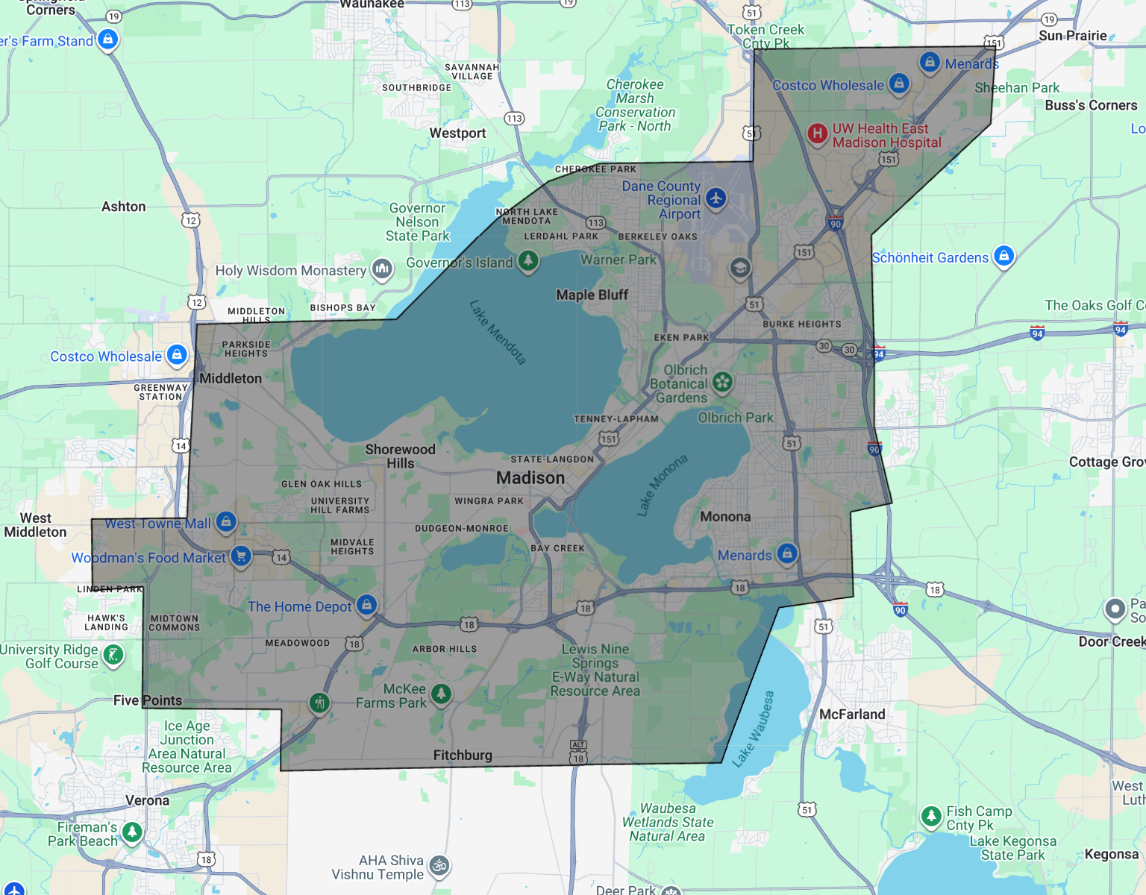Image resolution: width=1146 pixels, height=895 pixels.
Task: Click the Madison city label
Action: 530,477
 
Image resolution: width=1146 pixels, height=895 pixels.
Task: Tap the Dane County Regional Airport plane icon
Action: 716,199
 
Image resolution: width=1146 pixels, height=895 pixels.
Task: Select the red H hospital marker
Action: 818,134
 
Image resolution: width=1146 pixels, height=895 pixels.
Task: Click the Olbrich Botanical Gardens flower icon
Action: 721,383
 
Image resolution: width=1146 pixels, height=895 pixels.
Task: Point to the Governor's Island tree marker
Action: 528,261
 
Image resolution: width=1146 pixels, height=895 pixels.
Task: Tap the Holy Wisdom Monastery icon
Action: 382,268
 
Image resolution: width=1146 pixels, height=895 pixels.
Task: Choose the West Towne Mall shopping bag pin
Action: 226,522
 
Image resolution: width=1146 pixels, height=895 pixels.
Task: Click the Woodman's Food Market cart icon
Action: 240,556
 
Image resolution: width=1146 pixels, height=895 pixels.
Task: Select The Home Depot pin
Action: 366,605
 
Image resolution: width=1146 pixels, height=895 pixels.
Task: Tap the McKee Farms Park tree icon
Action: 441,694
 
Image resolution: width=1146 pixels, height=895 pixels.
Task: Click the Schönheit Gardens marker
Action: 1004,256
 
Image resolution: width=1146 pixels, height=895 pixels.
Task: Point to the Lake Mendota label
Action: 498,332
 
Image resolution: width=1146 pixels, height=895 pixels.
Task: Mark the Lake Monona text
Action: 662,485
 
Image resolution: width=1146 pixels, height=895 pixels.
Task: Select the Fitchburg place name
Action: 463,755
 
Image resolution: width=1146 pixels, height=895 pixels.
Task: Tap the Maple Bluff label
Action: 592,295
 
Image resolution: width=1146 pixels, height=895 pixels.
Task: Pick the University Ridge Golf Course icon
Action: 113,656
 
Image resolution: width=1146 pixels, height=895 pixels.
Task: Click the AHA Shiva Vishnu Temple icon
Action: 439,866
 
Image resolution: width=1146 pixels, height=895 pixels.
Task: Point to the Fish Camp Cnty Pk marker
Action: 931,816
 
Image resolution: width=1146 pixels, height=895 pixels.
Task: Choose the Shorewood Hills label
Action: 400,456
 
